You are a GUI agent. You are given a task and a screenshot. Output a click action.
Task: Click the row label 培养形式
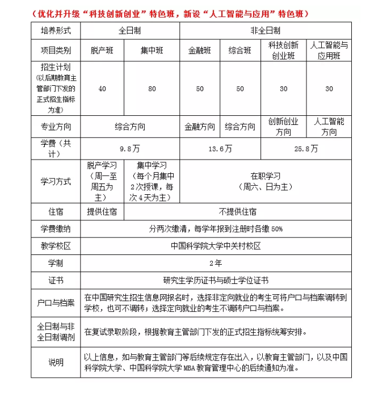(56, 31)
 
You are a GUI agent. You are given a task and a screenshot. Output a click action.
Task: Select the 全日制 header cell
(130, 31)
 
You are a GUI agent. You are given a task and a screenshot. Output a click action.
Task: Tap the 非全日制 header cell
(265, 31)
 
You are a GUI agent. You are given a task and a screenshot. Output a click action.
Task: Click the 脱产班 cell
(102, 51)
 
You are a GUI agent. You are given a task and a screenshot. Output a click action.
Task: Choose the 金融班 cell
(200, 51)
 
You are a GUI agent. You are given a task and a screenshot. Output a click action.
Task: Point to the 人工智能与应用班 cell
(329, 51)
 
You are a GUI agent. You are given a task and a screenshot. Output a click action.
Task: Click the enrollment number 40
(102, 89)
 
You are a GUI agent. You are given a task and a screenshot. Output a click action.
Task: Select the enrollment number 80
(152, 89)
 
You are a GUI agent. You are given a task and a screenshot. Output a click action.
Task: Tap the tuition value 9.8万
(130, 149)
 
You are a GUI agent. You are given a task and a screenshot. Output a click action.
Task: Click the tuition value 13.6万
(220, 149)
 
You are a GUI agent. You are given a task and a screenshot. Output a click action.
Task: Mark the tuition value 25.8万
(306, 149)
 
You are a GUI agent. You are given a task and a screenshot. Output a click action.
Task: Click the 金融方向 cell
(200, 127)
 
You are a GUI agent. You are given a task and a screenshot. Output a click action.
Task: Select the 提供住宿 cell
(102, 212)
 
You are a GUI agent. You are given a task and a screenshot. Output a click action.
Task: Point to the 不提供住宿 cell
(237, 212)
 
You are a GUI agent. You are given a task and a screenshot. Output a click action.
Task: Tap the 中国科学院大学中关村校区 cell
(216, 246)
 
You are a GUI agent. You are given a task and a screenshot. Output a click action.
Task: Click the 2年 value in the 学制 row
(216, 264)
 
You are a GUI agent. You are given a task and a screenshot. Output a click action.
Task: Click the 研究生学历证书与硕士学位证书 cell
(216, 281)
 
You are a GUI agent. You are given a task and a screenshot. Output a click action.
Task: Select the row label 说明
(56, 362)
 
